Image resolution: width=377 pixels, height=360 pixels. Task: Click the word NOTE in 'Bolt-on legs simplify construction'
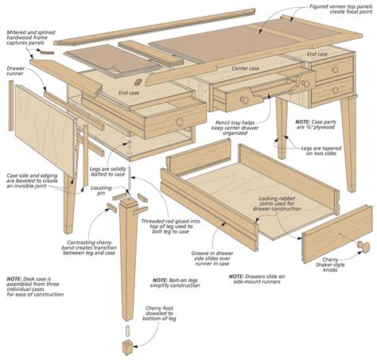pyautogui.click(x=161, y=280)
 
